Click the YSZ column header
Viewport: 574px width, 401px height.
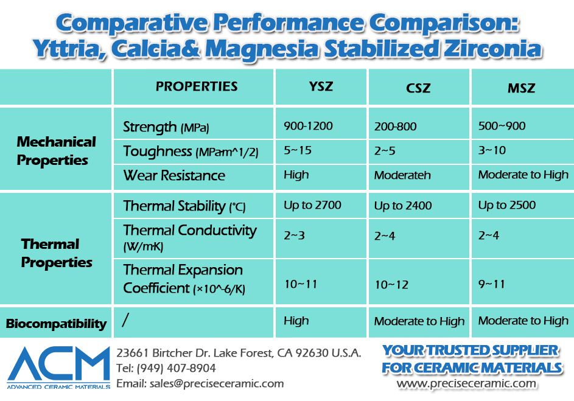pos(321,86)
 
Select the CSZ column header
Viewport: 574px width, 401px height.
pos(418,88)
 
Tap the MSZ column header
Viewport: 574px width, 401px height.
pos(521,88)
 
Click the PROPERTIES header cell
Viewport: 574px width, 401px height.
pos(197,86)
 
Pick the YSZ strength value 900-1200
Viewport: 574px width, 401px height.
pos(308,126)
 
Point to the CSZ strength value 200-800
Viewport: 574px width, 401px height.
pos(395,127)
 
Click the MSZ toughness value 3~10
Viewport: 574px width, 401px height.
pos(492,150)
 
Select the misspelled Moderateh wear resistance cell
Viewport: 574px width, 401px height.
pos(402,175)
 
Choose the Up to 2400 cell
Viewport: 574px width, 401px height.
pos(403,206)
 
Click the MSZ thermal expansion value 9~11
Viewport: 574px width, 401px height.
pos(492,284)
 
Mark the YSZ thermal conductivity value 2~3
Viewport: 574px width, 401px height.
pos(295,235)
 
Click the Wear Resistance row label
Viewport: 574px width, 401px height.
pos(174,176)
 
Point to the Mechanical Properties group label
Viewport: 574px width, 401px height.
pos(56,151)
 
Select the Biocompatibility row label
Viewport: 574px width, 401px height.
pos(56,324)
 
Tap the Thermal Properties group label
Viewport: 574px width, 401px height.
pos(56,253)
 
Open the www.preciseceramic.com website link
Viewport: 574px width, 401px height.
pos(467,383)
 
